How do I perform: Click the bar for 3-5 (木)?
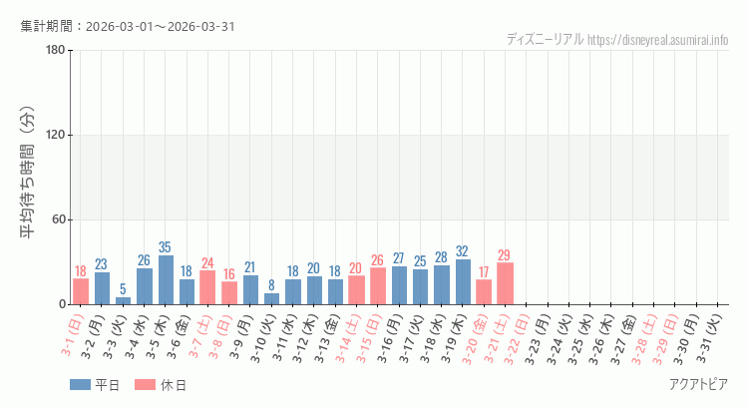(166, 280)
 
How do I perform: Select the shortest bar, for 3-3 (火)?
(123, 300)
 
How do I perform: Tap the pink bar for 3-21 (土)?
(505, 283)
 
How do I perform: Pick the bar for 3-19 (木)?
(463, 282)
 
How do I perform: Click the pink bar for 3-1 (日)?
(81, 291)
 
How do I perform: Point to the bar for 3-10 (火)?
(271, 298)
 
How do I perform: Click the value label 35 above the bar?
(166, 247)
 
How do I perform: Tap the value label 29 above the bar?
(505, 255)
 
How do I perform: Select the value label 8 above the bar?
(271, 285)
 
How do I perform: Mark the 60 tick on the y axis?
(57, 220)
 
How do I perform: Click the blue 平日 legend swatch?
(80, 385)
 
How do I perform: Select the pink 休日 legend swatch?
(145, 385)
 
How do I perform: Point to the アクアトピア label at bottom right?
(698, 385)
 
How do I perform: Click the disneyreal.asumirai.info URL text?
(658, 40)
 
